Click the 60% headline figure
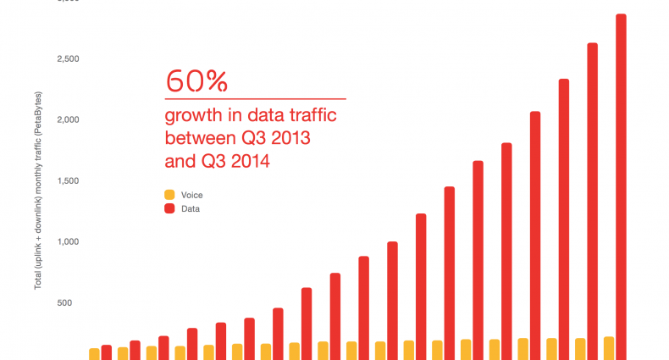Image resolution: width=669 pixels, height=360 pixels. click(x=196, y=81)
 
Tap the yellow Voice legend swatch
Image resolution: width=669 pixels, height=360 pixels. click(x=169, y=194)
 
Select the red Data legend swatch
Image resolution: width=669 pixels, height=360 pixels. click(x=169, y=208)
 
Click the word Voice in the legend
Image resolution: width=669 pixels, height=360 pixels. click(x=192, y=195)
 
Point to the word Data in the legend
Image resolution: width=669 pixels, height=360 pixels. click(x=191, y=208)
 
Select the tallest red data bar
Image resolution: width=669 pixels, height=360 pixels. click(x=621, y=186)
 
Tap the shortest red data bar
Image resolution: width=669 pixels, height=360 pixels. click(x=107, y=352)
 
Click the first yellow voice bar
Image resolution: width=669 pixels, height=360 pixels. click(x=94, y=354)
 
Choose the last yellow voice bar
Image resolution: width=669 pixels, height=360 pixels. click(x=608, y=348)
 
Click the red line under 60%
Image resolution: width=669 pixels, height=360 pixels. click(x=255, y=99)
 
